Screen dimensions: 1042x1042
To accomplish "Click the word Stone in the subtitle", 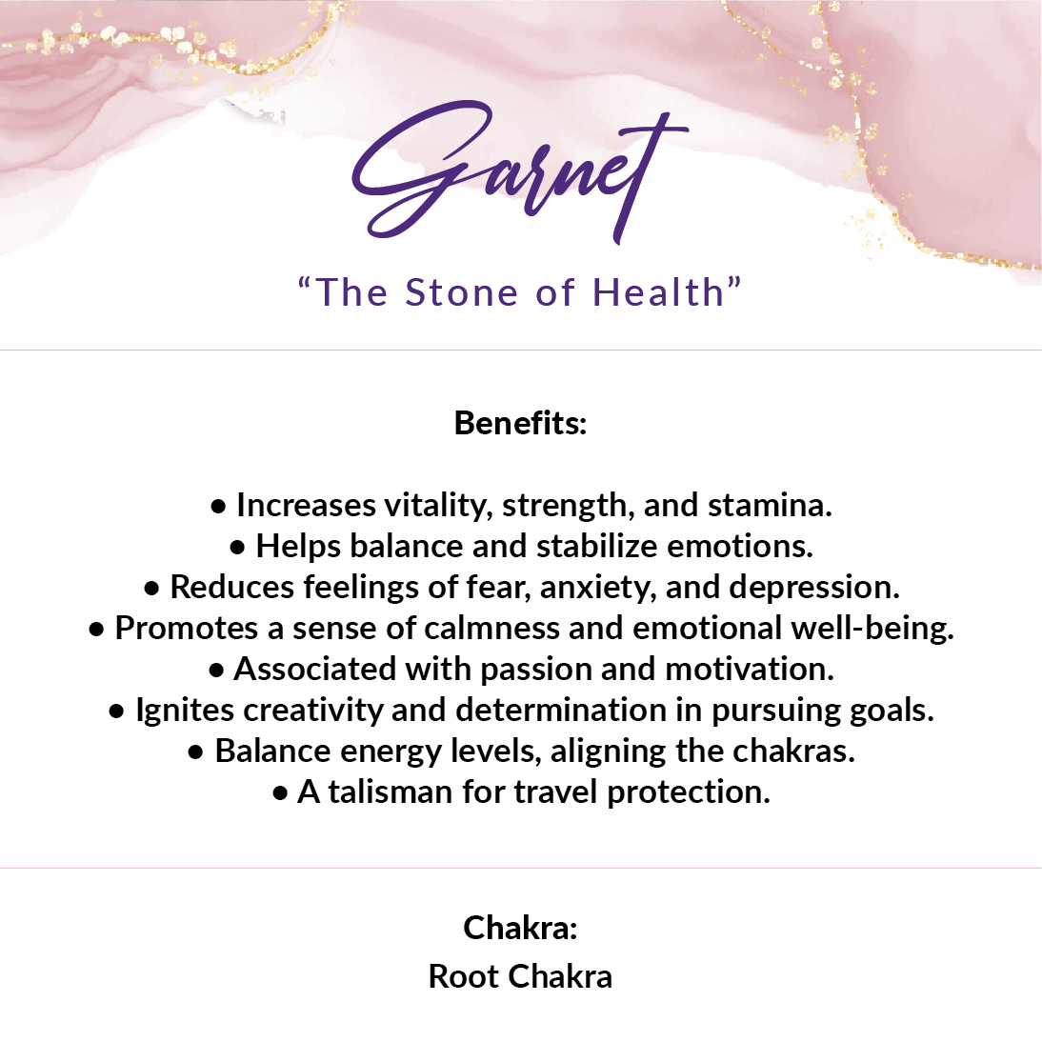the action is point(462,292).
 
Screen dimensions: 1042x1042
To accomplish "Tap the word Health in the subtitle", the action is point(658,292).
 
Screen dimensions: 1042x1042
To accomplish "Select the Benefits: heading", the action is point(520,423).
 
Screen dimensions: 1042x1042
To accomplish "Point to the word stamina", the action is point(770,506).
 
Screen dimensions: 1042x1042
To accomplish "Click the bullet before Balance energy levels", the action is point(195,752).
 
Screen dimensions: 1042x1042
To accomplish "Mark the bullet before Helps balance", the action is point(237,549).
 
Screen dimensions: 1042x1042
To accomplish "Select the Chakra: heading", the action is point(520,928).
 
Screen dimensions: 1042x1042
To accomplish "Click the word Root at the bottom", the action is point(464,977).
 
